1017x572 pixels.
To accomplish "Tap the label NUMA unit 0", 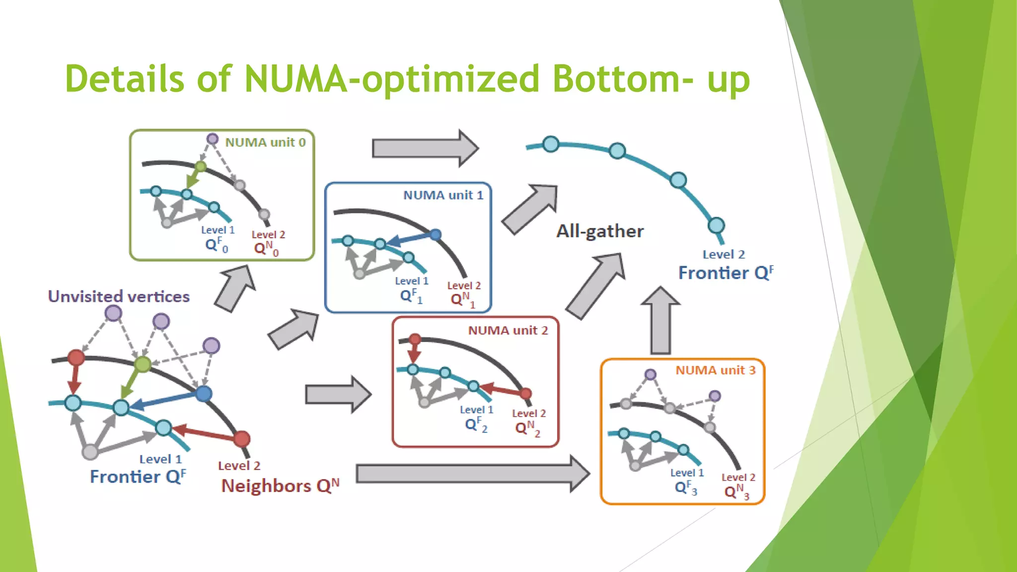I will [265, 143].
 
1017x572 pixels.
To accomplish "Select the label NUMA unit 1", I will [443, 195].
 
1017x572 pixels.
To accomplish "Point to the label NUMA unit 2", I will [508, 331].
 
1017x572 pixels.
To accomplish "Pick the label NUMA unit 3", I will [715, 370].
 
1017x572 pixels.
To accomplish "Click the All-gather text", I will [599, 231].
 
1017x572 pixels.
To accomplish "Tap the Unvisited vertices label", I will [119, 296].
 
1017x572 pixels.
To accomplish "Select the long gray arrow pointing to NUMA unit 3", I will [472, 474].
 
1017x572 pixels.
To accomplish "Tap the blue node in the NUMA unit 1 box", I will [436, 234].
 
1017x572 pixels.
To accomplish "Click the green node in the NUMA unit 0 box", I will [201, 166].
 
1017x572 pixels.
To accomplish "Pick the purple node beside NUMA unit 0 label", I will [213, 139].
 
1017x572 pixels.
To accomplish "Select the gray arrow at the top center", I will [425, 148].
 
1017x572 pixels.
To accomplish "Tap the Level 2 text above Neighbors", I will [239, 466].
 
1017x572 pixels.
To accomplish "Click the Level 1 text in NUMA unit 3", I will [687, 473].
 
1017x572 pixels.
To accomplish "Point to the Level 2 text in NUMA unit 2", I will [529, 413].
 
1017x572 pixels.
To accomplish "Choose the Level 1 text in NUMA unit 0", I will [218, 230].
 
